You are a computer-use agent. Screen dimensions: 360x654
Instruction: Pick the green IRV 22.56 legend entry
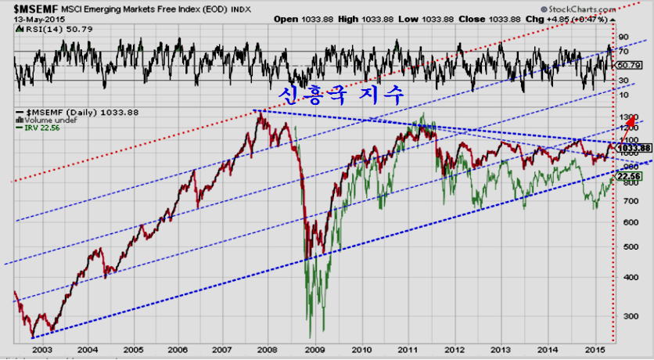coord(43,128)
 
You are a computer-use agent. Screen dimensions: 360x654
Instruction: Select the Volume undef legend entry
coord(47,121)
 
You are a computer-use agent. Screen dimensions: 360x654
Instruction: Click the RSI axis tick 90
coord(623,37)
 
